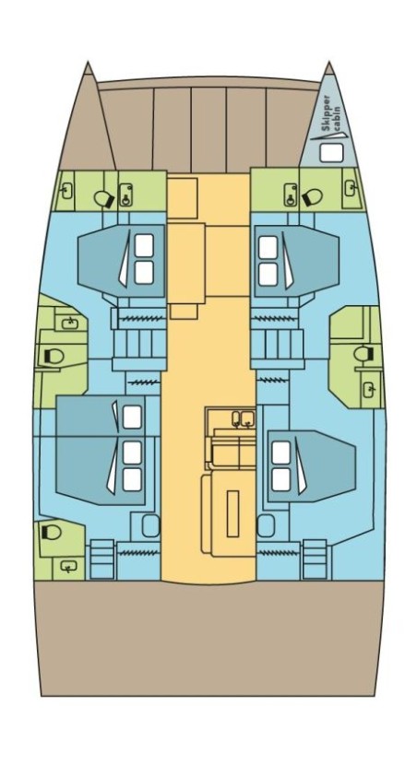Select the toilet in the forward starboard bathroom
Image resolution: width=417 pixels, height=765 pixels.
point(311,195)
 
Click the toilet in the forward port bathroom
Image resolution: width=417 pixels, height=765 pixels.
point(104,196)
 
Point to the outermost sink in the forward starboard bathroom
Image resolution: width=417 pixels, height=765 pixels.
point(350,189)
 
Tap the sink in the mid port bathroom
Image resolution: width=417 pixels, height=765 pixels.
point(69,323)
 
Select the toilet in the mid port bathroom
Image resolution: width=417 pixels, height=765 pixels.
point(51,356)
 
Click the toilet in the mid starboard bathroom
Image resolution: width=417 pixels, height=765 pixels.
point(362,353)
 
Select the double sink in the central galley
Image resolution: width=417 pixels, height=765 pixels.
point(244,419)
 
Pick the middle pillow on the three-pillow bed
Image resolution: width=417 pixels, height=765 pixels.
point(132,452)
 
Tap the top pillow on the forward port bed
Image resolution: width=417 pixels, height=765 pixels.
point(144,246)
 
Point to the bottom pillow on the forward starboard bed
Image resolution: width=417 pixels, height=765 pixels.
point(268,274)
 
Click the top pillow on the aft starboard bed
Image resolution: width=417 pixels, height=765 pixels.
point(280,453)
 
